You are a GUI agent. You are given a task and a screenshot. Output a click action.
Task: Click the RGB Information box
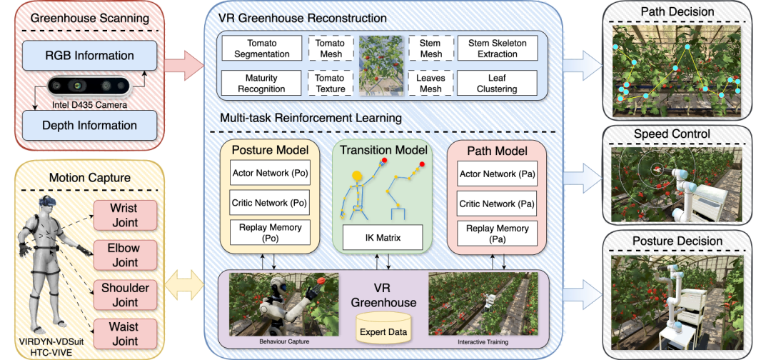tap(89, 56)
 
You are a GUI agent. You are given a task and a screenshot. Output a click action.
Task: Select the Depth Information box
tap(89, 125)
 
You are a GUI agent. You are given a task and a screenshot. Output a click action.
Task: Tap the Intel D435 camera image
tap(89, 86)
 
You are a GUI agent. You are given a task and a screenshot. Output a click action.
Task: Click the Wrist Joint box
tap(126, 215)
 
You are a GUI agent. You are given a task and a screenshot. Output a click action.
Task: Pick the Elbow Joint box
tap(126, 255)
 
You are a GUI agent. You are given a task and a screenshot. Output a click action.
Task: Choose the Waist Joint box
tap(126, 334)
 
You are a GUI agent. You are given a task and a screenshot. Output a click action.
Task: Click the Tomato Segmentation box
tap(261, 48)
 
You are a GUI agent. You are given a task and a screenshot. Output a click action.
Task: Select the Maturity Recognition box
tap(261, 83)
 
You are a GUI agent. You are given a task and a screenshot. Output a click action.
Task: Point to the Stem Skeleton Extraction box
tap(498, 48)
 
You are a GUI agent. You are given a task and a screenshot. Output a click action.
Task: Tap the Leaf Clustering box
tap(498, 83)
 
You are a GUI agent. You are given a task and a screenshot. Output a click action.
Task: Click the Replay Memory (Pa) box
tap(497, 233)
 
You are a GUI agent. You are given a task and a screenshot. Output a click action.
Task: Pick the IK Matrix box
tap(382, 238)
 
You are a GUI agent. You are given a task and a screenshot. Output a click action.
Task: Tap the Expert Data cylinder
tap(383, 328)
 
